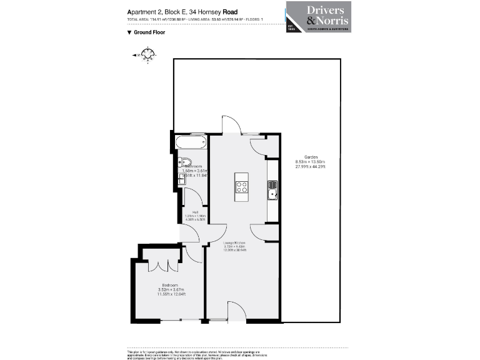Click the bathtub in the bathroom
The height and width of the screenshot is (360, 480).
[x=191, y=142]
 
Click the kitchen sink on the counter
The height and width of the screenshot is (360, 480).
[x=273, y=190]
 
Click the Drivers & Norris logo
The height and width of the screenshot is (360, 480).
[x=318, y=17]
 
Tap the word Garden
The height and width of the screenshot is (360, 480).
[x=311, y=157]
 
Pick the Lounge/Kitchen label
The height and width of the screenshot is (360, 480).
[x=236, y=242]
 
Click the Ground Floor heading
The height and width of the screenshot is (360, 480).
[x=150, y=32]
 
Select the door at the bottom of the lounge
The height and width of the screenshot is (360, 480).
[x=237, y=312]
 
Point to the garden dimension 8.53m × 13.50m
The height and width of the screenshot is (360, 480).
[x=311, y=162]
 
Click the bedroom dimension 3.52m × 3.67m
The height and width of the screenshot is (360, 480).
[x=171, y=289]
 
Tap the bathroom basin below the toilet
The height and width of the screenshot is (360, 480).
[x=182, y=179]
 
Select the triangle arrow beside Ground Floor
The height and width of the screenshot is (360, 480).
[x=129, y=32]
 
